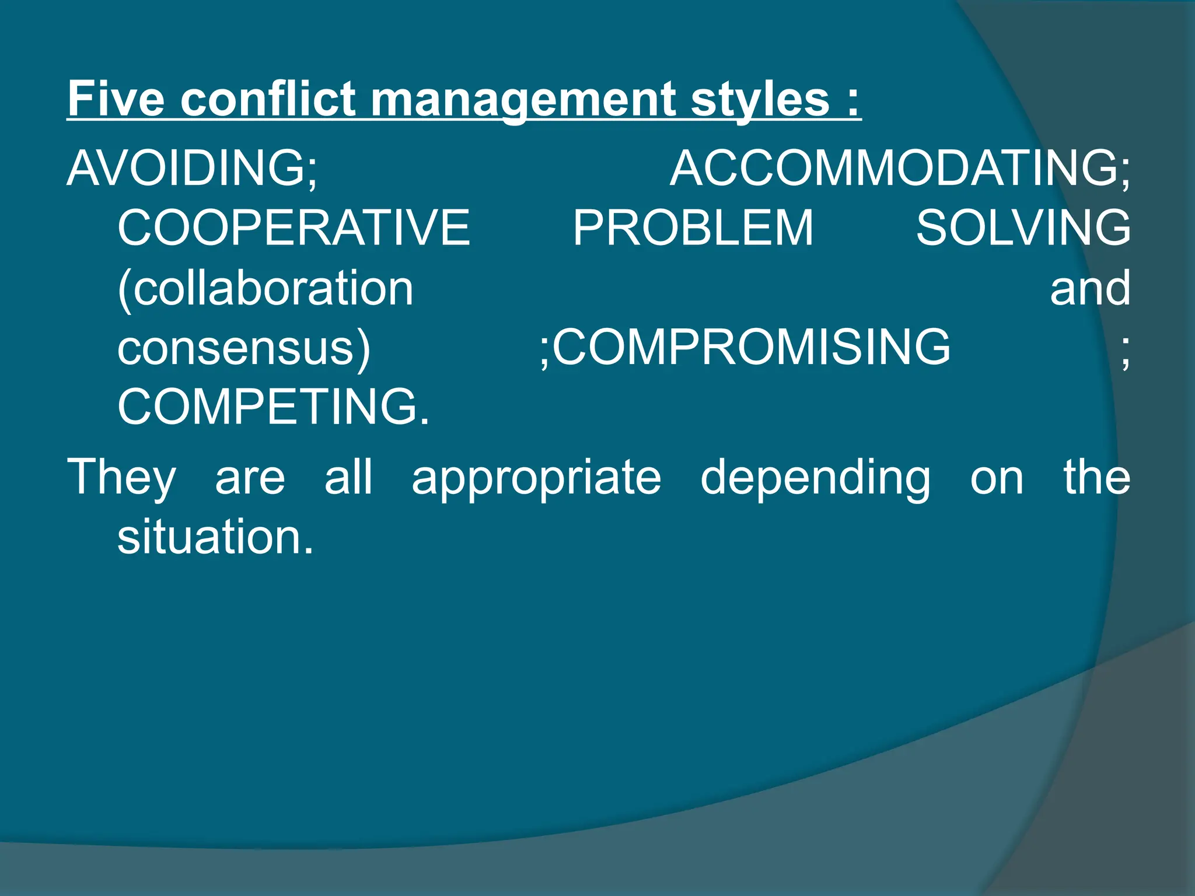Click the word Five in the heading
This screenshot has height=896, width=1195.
coord(116,99)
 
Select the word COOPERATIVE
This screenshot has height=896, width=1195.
coord(293,228)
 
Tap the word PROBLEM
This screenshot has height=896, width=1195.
coord(693,228)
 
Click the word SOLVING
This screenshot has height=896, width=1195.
coord(1023,228)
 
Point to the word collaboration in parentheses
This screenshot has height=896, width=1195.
coord(266,288)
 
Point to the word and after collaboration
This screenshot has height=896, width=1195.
coord(1089,288)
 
